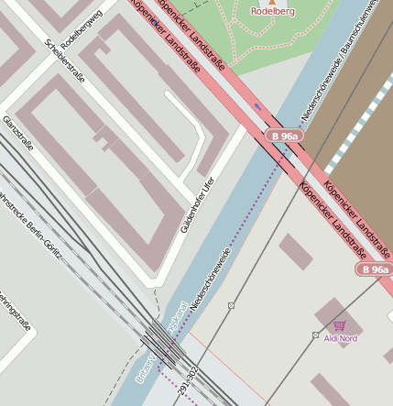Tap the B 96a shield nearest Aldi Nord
(374, 269)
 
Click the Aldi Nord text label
(341, 338)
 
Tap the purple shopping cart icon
(340, 325)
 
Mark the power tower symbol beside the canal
(232, 304)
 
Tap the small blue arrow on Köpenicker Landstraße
(257, 106)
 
